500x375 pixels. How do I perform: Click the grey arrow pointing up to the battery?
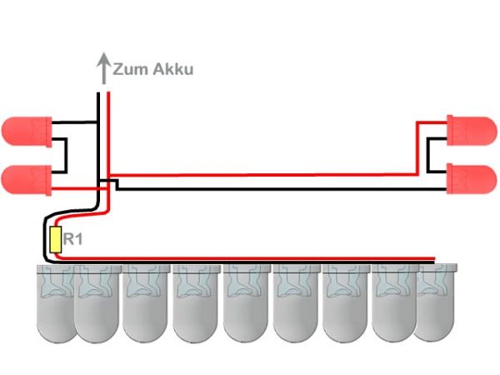[x=103, y=68]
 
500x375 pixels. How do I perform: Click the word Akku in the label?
[x=172, y=69]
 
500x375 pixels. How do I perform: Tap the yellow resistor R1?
[x=56, y=241]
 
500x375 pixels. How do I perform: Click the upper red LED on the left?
[x=25, y=131]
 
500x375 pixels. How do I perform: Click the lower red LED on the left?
[x=25, y=178]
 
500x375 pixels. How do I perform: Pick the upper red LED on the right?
[x=473, y=129]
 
